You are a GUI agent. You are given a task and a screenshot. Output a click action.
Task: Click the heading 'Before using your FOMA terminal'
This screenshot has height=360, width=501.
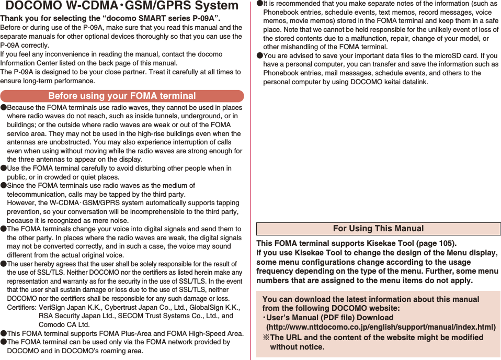(x=122, y=96)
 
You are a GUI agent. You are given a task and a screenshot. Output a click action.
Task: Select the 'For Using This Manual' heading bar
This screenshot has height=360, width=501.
(x=378, y=229)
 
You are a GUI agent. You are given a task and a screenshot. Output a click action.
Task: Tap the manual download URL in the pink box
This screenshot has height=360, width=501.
(x=381, y=327)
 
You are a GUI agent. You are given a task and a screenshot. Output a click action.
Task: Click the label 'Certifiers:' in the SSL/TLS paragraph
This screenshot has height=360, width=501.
(x=21, y=307)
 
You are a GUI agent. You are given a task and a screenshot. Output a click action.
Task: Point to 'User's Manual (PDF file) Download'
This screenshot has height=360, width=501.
(x=329, y=318)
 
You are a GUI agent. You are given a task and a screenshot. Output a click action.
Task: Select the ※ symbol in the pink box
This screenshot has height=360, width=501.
(x=266, y=337)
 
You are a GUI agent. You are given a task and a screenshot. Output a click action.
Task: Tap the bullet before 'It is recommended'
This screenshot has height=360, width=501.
(x=260, y=4)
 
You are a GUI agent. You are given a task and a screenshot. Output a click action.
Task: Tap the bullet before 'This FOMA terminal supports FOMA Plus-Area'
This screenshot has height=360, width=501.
(x=4, y=333)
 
